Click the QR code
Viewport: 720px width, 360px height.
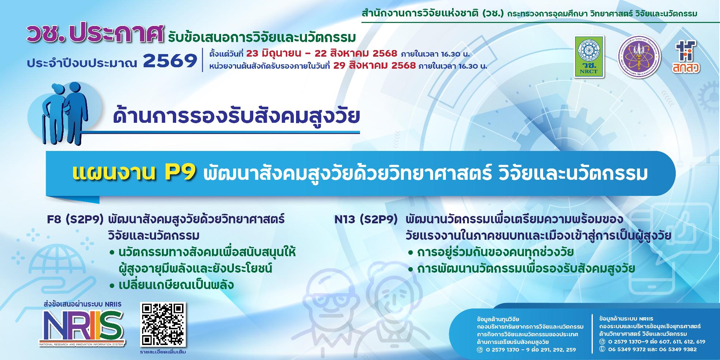coord(163,325)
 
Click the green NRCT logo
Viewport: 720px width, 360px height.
coord(589,56)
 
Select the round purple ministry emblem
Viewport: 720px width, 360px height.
coord(639,56)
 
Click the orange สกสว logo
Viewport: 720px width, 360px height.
coord(685,56)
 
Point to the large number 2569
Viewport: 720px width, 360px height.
coord(170,61)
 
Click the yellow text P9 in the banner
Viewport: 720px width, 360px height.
coord(180,174)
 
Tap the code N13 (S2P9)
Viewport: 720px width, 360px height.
coord(366,220)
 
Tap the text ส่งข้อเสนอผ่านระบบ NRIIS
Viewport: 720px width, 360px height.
coord(82,304)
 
